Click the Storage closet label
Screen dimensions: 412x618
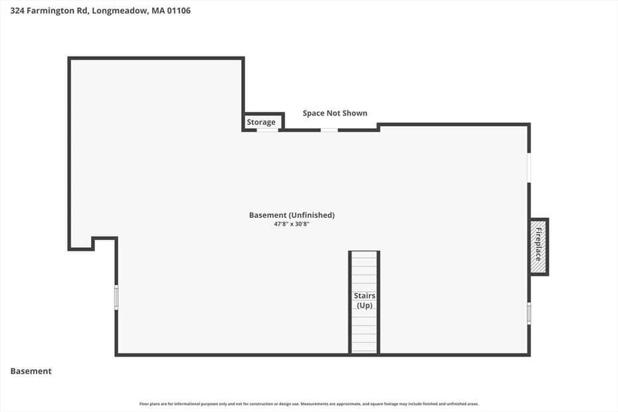[x=261, y=122]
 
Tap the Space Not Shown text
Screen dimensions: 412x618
[x=335, y=113]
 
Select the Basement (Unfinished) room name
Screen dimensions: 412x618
[x=292, y=215]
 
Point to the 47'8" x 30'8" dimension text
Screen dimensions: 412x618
[x=292, y=225]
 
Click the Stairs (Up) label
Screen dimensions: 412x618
[x=364, y=300]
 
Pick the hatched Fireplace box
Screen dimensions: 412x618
[x=538, y=247]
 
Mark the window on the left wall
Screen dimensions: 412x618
[x=116, y=297]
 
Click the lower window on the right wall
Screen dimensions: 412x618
[x=529, y=313]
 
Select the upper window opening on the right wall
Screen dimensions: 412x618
[x=529, y=167]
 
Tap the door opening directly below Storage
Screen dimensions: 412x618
[x=267, y=130]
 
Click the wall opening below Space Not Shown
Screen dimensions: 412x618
[x=330, y=130]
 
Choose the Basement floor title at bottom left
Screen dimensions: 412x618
[x=31, y=371]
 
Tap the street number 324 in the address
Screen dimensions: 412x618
[x=18, y=11]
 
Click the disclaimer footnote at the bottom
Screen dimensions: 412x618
[x=308, y=403]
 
